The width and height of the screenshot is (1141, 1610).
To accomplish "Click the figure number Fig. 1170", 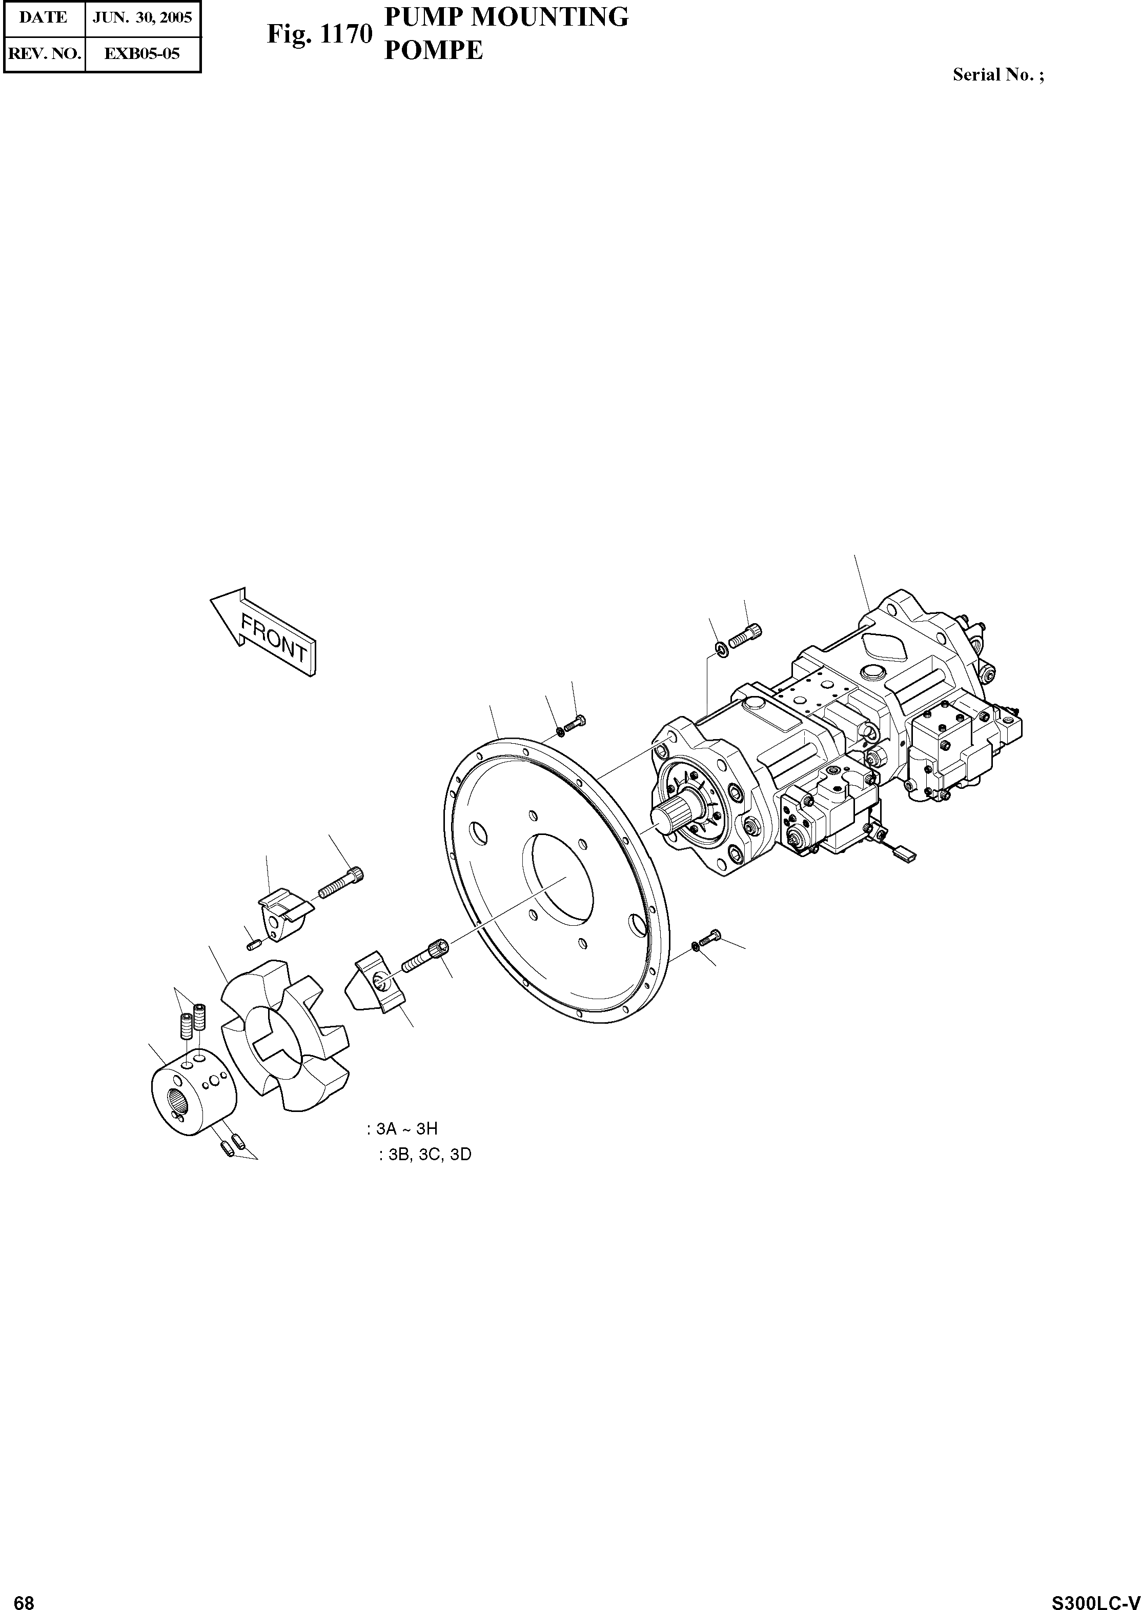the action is [x=318, y=34].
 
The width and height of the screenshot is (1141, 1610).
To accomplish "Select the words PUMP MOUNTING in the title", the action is [x=506, y=17].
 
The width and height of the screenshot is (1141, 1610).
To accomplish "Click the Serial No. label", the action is [x=997, y=75].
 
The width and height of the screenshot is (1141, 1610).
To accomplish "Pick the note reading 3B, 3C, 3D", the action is [x=424, y=1155].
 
